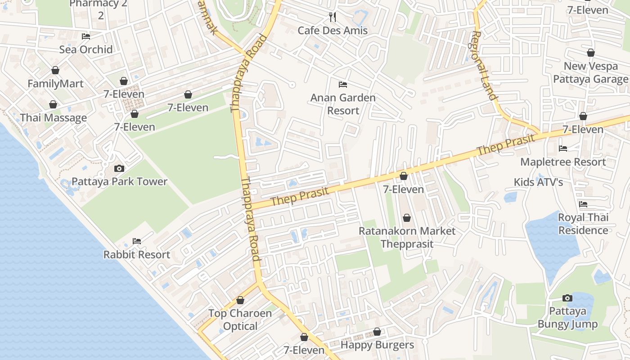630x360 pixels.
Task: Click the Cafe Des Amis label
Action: point(333,31)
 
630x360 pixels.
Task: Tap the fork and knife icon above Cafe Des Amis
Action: point(333,17)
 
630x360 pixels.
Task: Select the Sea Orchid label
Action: point(86,49)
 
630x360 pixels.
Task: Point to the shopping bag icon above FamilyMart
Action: point(55,70)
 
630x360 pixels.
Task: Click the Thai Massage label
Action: point(53,118)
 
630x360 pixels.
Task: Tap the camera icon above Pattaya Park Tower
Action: point(119,168)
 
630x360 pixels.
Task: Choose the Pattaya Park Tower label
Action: point(119,182)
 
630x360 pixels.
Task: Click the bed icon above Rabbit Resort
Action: point(137,241)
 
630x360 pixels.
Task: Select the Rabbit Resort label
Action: point(137,255)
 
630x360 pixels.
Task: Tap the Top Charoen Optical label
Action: point(240,319)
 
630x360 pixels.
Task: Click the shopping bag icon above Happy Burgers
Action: point(377,332)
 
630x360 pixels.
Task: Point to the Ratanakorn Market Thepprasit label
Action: point(407,238)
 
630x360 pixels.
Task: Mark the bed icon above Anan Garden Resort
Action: point(343,84)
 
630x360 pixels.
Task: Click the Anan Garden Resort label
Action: point(343,104)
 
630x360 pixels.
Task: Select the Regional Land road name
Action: point(484,66)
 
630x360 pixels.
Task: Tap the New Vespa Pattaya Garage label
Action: point(590,73)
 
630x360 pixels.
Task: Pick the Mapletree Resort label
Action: point(563,162)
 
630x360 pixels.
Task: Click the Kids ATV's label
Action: point(539,182)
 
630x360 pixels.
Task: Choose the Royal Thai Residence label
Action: point(583,224)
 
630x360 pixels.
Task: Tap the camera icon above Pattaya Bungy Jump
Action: point(567,298)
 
